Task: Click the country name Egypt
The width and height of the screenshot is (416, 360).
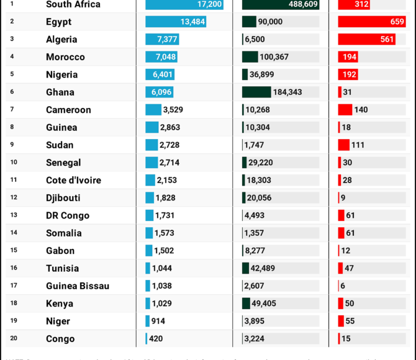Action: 58,22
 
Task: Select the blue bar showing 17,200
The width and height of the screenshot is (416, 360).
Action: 184,4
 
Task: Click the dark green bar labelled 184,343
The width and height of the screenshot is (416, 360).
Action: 256,92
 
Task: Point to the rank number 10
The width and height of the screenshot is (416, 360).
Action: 14,162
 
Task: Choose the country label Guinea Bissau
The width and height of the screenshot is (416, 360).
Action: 78,286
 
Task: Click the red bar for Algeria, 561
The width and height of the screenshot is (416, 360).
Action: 368,39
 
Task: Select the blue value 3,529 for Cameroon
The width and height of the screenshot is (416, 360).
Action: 173,110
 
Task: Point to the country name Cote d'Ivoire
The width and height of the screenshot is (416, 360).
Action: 73,181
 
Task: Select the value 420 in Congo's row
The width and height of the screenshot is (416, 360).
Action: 156,339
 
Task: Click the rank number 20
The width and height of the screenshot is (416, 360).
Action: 14,338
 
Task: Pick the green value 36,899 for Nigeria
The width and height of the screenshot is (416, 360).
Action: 261,74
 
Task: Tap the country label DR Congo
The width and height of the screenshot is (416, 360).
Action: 68,216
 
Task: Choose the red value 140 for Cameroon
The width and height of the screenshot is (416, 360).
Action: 361,110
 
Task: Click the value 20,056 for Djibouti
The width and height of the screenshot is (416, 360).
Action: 259,198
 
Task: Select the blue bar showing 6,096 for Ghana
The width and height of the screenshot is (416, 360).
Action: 160,92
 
